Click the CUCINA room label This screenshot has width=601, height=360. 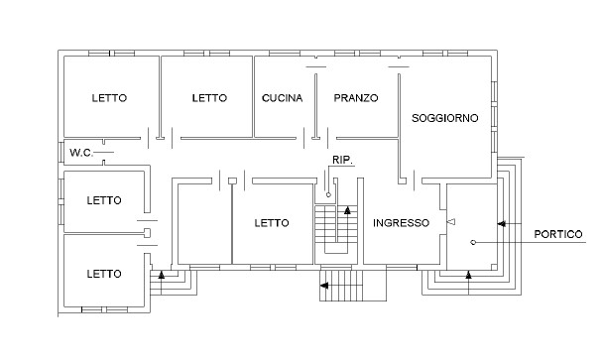pos(282,98)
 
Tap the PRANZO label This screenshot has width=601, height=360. pos(356,98)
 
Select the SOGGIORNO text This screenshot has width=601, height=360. pos(445,118)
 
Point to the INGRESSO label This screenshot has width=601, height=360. pos(401,223)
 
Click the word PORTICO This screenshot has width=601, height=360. pos(558,234)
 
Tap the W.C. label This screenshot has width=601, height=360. pos(81,153)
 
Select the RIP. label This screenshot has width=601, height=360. pos(342,161)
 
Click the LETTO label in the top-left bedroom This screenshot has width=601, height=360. pos(109,98)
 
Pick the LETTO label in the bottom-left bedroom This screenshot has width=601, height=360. pos(104,274)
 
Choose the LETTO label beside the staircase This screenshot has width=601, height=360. pos(272,223)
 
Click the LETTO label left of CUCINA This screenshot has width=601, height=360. pos(209,98)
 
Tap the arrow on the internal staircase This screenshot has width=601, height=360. pos(347,210)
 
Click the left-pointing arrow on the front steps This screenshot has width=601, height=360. pos(324,286)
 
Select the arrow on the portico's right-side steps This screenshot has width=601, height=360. pos(502,223)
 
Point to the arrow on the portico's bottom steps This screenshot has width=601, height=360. pos(468,275)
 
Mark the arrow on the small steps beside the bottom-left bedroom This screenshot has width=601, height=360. pos(162,275)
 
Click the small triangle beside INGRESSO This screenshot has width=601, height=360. pos(452,221)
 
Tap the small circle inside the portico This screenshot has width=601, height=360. pos(473,242)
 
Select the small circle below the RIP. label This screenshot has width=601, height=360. pos(328,194)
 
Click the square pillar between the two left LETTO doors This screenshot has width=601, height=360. pos(147,233)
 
